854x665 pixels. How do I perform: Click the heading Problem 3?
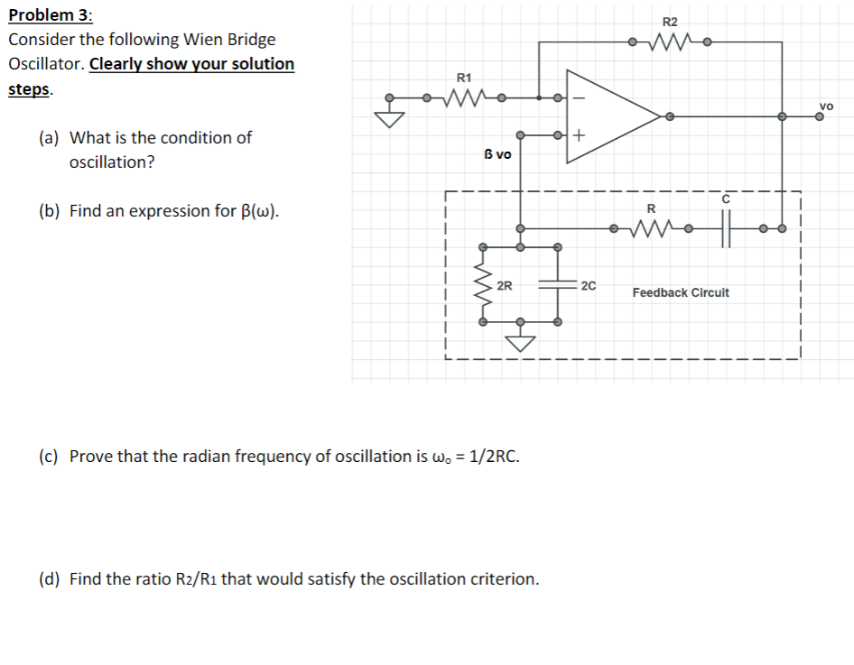click(x=50, y=15)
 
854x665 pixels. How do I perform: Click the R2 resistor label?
click(x=669, y=22)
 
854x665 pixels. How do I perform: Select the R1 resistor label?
click(x=464, y=78)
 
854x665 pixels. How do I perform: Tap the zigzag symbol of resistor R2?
click(x=669, y=42)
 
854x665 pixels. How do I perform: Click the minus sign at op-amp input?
click(x=580, y=98)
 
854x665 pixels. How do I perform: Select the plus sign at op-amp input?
click(x=579, y=136)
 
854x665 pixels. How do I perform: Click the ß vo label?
click(x=497, y=154)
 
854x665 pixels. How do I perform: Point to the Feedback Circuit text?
click(x=681, y=292)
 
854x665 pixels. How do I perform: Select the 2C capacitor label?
click(x=588, y=286)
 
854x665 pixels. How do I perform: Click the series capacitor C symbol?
click(x=726, y=228)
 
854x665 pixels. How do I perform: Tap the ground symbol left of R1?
click(x=390, y=118)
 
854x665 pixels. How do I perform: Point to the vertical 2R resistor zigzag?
click(x=484, y=284)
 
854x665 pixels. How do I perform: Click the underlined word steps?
click(x=29, y=89)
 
